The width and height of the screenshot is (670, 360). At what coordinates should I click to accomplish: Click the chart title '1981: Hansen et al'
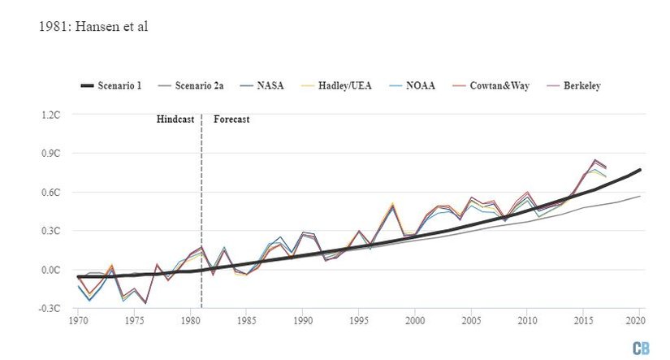93,28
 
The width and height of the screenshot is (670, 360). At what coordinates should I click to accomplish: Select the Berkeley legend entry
576,85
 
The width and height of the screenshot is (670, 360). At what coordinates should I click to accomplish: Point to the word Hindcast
176,119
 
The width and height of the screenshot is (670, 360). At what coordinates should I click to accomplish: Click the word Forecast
231,119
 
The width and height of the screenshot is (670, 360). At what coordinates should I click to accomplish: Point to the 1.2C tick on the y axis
50,115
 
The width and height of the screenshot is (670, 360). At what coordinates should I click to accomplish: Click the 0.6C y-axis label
50,193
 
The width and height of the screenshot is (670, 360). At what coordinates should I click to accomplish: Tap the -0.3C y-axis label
50,309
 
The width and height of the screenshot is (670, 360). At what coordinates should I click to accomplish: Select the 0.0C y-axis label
50,270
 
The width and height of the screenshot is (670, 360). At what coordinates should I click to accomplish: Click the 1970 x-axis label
78,322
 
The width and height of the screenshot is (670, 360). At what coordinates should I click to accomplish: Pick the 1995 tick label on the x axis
359,322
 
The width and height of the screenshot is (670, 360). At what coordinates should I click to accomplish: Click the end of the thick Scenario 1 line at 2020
640,169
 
